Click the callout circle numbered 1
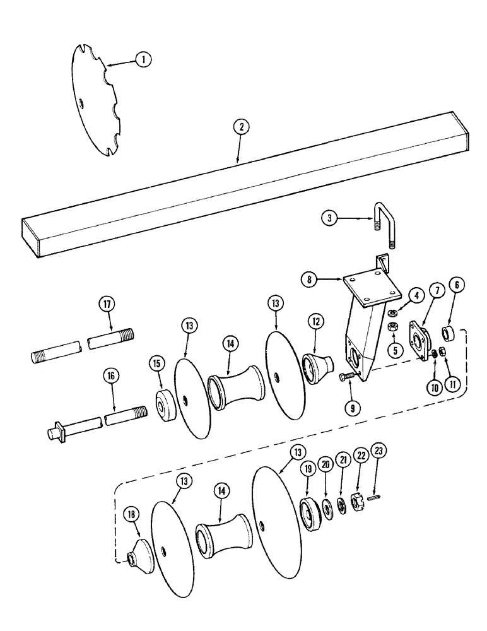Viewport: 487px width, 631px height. click(x=144, y=60)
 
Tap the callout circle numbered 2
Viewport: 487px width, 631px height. click(x=239, y=127)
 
